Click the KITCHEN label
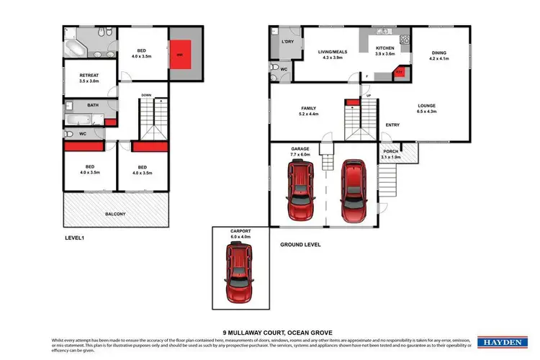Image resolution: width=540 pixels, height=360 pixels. (x=386, y=49)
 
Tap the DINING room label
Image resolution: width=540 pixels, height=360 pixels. (x=439, y=53)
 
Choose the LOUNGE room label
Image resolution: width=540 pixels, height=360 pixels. (x=427, y=106)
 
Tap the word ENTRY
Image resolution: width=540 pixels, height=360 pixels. (x=392, y=125)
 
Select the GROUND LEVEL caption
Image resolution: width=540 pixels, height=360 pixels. (x=300, y=245)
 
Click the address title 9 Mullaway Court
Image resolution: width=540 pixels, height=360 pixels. (x=269, y=324)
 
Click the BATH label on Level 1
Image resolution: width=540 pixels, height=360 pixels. (x=93, y=105)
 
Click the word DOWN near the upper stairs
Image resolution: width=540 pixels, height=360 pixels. (x=146, y=95)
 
